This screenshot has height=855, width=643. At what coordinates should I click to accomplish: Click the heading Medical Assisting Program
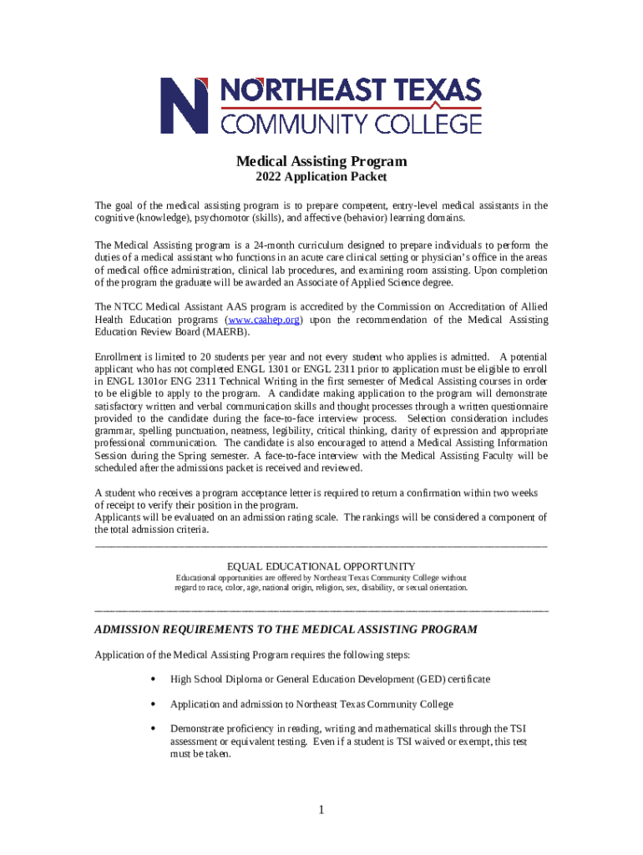(x=321, y=161)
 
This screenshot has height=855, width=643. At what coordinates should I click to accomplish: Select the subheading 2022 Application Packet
(x=321, y=177)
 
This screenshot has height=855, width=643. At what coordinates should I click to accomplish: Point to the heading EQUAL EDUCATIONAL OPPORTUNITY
(x=321, y=566)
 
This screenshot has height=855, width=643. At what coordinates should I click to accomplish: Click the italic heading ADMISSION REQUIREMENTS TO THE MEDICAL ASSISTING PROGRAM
(x=286, y=629)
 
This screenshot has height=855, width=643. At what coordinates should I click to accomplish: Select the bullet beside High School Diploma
(x=152, y=680)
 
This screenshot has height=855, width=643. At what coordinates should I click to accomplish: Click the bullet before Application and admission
(x=152, y=704)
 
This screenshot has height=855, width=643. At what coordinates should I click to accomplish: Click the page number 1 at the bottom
(x=321, y=809)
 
